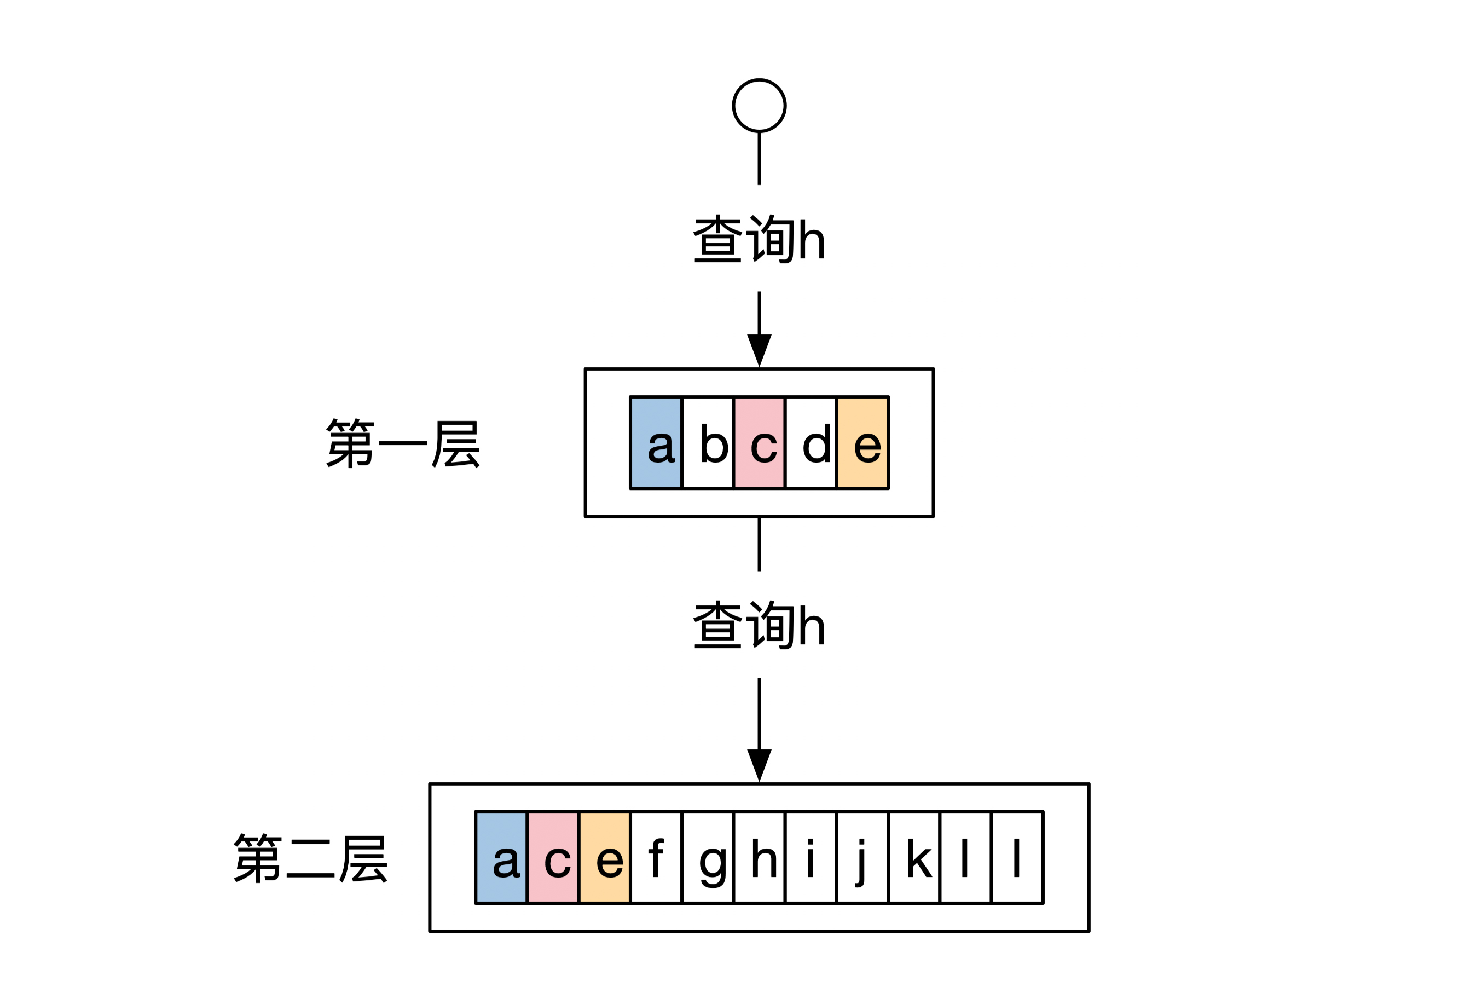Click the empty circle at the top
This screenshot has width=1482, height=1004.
tap(759, 106)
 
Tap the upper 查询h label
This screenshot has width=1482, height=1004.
tap(759, 239)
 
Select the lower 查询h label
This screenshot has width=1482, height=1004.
tap(759, 625)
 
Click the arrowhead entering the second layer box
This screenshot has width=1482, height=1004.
tap(759, 764)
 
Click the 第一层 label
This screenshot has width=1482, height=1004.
tap(402, 443)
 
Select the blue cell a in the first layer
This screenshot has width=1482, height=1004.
tap(656, 443)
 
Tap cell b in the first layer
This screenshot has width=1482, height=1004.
tap(708, 443)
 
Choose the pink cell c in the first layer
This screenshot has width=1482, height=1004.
tap(759, 443)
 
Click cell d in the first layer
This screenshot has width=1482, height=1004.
tap(811, 443)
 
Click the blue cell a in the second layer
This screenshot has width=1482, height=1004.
tap(501, 857)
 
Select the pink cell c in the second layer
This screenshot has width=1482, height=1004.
tap(553, 857)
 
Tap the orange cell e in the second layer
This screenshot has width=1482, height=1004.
tap(605, 857)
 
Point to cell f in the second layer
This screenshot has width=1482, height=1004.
tap(656, 857)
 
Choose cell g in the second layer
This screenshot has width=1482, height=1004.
tap(708, 857)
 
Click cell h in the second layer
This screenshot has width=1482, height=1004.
tap(759, 857)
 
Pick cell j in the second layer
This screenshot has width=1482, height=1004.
tap(862, 857)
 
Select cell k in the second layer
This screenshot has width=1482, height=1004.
tap(914, 857)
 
